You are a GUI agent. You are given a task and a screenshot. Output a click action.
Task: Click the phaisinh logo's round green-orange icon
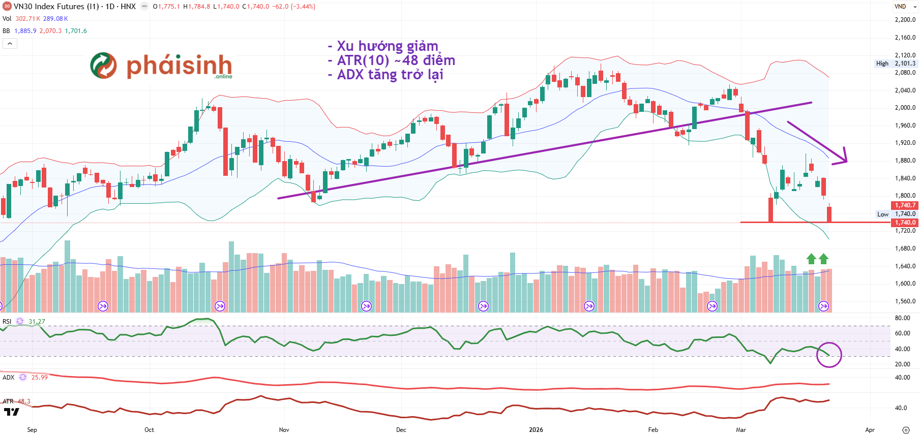(x=103, y=66)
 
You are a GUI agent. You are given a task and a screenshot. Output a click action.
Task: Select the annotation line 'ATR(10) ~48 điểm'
(x=396, y=60)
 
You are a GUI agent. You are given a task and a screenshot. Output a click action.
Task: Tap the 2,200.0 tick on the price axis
(x=905, y=20)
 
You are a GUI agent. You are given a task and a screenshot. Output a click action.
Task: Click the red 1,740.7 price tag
(x=905, y=205)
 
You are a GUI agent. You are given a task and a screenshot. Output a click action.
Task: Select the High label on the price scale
(x=882, y=64)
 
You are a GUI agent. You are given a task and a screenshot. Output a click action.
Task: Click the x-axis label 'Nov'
(x=284, y=430)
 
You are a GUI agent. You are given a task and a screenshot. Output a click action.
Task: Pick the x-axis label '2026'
(x=536, y=430)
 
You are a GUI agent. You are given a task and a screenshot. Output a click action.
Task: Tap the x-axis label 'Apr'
(x=870, y=430)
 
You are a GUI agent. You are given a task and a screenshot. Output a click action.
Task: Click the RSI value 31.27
(x=37, y=322)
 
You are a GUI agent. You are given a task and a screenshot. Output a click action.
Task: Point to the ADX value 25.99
(x=39, y=378)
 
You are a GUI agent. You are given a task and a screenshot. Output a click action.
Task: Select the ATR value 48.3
(x=24, y=401)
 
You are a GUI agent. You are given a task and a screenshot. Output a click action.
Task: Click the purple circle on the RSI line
(x=829, y=355)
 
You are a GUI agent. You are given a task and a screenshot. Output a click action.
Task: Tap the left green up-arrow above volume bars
(x=811, y=259)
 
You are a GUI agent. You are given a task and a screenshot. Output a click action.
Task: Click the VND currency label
(x=900, y=7)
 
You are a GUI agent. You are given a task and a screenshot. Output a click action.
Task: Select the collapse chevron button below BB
(x=10, y=44)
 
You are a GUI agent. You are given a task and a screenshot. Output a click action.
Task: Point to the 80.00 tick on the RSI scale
(x=902, y=318)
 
